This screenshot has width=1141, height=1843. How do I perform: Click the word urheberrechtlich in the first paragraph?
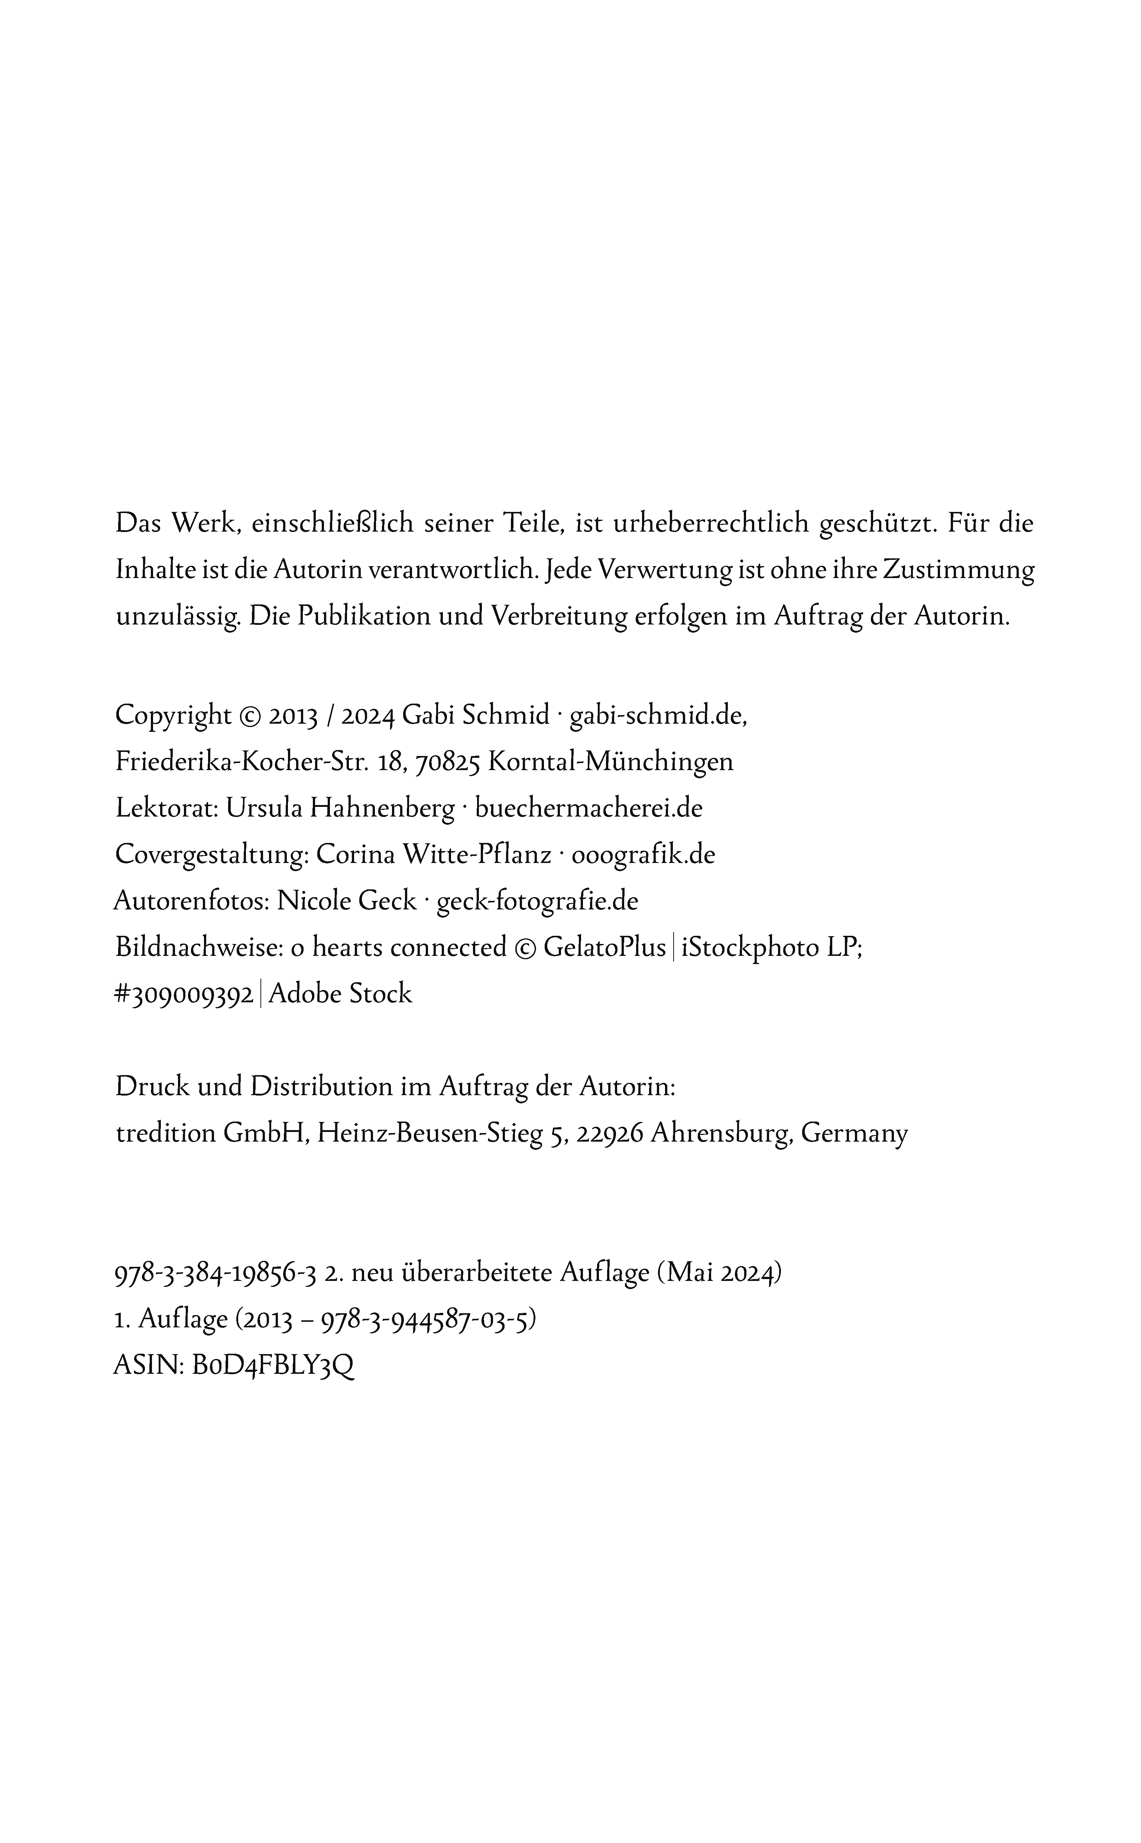click(x=711, y=523)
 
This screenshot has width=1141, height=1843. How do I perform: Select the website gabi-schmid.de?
click(x=658, y=714)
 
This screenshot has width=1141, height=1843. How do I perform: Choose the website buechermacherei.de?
click(x=589, y=808)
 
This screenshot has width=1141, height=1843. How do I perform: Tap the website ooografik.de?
click(x=643, y=855)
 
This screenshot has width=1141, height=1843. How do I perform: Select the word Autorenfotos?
click(x=191, y=901)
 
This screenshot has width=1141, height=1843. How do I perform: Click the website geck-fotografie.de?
click(x=537, y=901)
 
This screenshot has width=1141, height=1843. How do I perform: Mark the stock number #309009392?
click(x=184, y=994)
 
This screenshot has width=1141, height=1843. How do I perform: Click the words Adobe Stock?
click(x=340, y=994)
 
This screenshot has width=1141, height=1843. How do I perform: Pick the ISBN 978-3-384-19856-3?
click(x=215, y=1273)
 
